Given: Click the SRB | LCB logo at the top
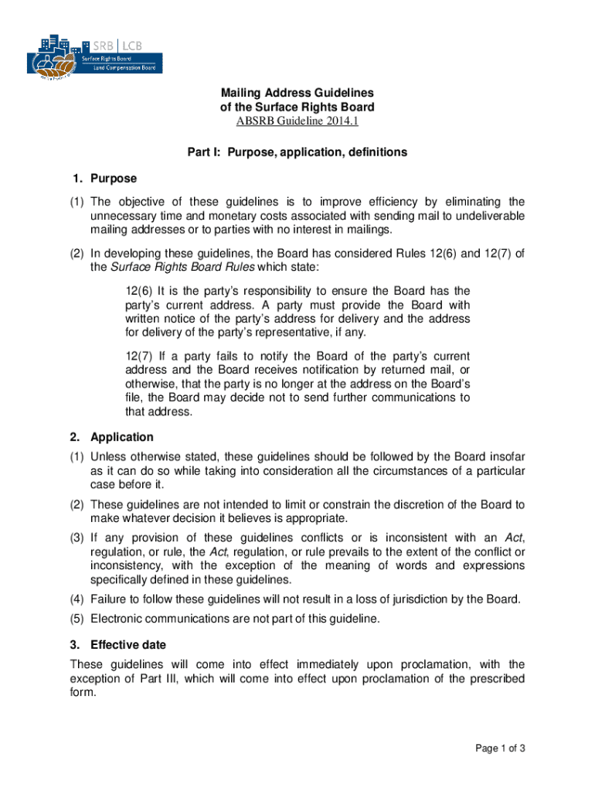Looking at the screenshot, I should tap(97, 54).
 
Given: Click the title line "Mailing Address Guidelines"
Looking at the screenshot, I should tap(297, 93).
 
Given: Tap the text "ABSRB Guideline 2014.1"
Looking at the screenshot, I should tap(297, 121).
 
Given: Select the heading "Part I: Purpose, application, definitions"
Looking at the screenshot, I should tap(297, 152).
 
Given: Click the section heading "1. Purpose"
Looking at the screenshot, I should tap(103, 179).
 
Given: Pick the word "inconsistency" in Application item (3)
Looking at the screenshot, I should tap(126, 565).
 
